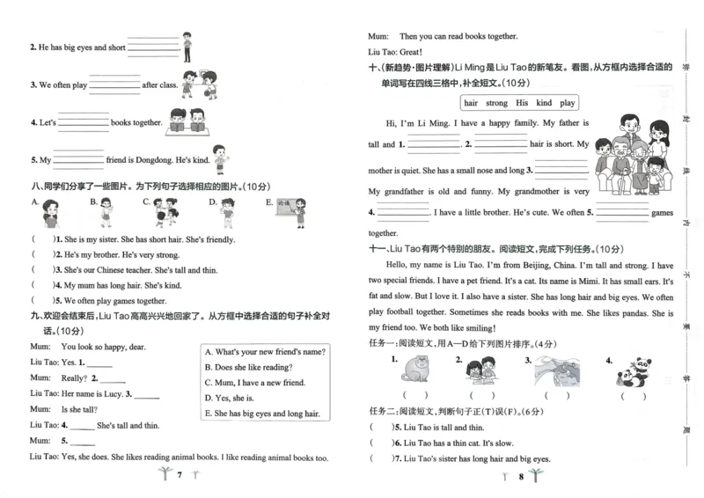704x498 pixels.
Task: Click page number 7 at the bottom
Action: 179,476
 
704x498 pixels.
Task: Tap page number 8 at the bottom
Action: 521,476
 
